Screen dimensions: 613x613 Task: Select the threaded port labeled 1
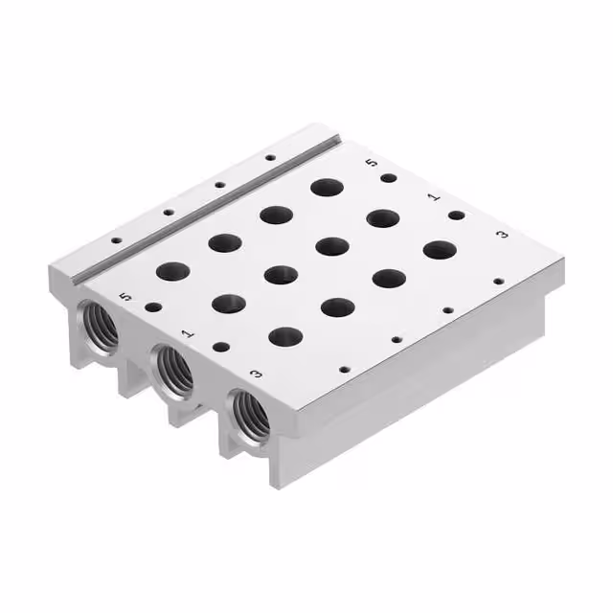(x=173, y=369)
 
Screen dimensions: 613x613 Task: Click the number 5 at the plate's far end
(x=372, y=163)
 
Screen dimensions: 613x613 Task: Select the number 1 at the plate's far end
(x=433, y=196)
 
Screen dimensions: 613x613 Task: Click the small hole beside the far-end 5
(x=388, y=178)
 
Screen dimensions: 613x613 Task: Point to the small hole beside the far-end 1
(x=456, y=215)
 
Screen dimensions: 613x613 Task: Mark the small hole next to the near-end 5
(x=153, y=307)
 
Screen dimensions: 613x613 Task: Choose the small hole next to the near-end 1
(x=221, y=347)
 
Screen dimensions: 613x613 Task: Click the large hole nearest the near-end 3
(x=286, y=336)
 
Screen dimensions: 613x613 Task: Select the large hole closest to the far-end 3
(x=440, y=250)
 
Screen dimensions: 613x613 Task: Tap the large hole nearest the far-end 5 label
(x=329, y=186)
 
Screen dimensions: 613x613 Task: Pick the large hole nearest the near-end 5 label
(x=173, y=272)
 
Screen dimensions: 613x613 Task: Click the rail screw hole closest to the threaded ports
(x=117, y=241)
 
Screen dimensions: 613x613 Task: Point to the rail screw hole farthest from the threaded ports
(x=270, y=157)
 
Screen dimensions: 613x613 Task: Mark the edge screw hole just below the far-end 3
(x=498, y=282)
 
